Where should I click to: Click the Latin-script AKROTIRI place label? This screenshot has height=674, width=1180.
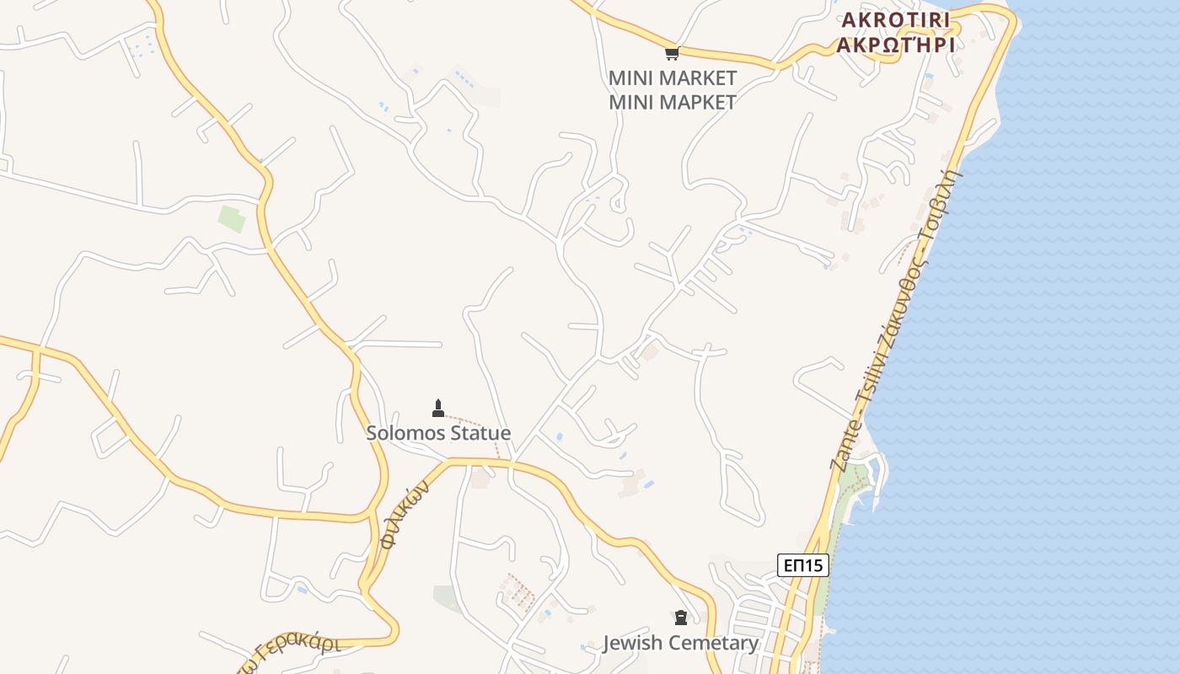(x=894, y=19)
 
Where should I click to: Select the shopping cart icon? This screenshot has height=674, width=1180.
(x=672, y=54)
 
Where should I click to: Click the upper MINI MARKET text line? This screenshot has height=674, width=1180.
(x=672, y=78)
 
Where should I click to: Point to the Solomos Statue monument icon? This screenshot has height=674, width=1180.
(x=437, y=409)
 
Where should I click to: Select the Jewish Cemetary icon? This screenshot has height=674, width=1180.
(x=681, y=618)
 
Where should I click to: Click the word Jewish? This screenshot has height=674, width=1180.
(x=633, y=644)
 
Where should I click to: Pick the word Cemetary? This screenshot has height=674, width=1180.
(x=714, y=644)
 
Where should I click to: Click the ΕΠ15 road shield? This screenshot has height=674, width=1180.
(x=802, y=565)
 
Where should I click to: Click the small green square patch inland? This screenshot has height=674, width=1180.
(x=231, y=218)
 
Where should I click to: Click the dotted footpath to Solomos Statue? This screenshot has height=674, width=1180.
(x=476, y=421)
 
